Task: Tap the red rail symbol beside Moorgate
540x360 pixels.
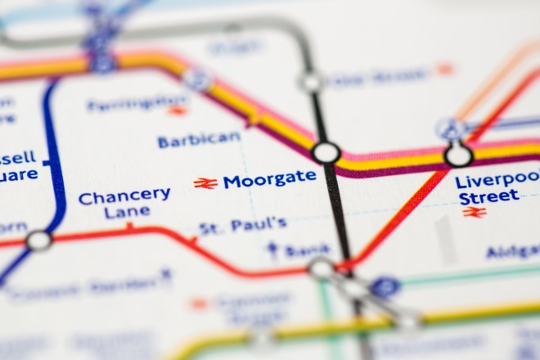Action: pyautogui.click(x=205, y=183)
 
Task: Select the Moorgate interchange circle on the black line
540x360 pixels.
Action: pyautogui.click(x=326, y=152)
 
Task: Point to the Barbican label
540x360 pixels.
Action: pyautogui.click(x=199, y=140)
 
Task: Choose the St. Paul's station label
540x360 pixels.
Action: pyautogui.click(x=242, y=224)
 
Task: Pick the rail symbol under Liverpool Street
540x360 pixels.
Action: pyautogui.click(x=474, y=212)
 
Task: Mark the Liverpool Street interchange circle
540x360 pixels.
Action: pyautogui.click(x=458, y=154)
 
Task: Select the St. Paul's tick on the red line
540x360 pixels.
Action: pyautogui.click(x=193, y=240)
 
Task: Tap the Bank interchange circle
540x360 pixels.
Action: pyautogui.click(x=322, y=268)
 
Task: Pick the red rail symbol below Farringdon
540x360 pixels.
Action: pyautogui.click(x=178, y=110)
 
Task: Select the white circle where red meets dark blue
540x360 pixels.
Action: pyautogui.click(x=38, y=241)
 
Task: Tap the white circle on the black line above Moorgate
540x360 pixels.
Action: pyautogui.click(x=310, y=82)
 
